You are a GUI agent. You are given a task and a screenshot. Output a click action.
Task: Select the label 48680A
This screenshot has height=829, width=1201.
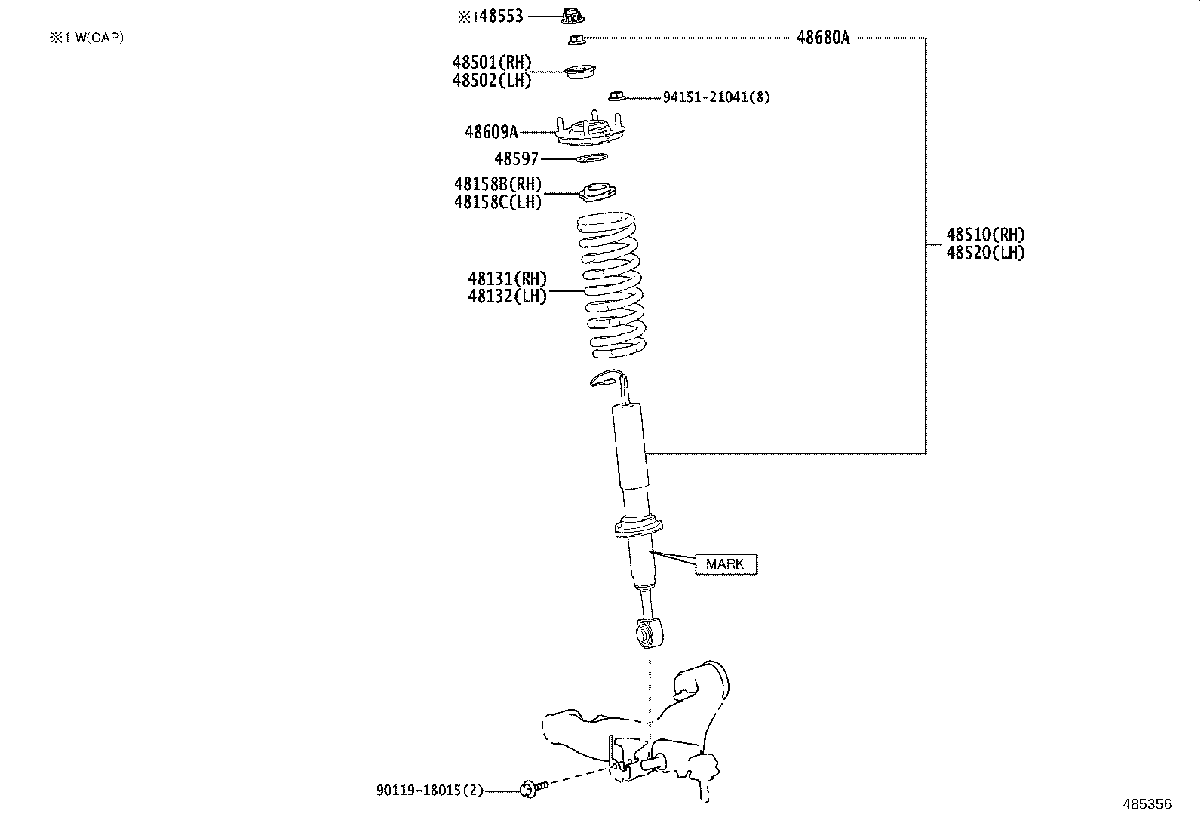tap(823, 38)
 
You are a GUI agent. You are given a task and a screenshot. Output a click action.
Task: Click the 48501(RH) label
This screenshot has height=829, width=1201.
tap(492, 63)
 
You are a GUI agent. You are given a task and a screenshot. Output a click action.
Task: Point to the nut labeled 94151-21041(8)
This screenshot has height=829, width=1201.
tap(616, 95)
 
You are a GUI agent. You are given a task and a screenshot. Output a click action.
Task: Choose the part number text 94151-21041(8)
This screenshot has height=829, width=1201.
tap(716, 97)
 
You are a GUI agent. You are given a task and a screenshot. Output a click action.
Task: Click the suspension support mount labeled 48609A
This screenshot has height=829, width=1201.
tap(591, 133)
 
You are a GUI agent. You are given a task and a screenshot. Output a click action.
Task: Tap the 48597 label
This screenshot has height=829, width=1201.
tap(516, 159)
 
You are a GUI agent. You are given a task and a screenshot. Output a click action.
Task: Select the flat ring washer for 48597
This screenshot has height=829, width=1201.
tap(591, 158)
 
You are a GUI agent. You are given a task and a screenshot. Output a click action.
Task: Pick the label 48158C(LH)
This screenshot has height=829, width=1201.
tap(497, 202)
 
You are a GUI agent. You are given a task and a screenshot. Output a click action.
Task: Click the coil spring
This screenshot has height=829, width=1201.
tap(611, 287)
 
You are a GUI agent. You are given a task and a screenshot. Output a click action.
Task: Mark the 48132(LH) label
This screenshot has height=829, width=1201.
tap(507, 296)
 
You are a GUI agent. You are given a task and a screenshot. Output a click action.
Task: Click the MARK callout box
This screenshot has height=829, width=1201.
tap(725, 563)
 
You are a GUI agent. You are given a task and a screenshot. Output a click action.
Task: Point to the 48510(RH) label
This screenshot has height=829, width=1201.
tap(986, 235)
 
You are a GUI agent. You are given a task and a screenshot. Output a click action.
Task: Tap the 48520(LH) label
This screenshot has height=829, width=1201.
tap(986, 253)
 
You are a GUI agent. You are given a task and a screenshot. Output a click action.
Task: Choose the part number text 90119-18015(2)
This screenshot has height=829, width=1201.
tap(429, 791)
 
